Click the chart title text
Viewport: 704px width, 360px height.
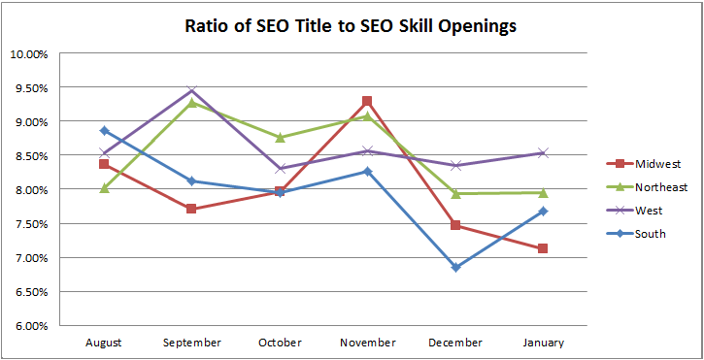point(351,25)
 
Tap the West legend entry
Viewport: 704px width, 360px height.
point(651,210)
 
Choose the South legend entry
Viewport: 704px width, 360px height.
point(653,233)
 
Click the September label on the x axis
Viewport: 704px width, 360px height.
point(191,343)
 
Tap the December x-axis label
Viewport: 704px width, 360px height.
point(454,343)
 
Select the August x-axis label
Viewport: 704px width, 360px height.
point(103,343)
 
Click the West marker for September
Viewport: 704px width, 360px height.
point(191,91)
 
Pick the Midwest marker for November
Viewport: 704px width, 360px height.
point(367,101)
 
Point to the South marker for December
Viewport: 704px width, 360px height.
point(454,268)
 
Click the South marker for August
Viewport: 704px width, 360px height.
point(103,131)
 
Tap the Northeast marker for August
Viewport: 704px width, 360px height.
point(103,188)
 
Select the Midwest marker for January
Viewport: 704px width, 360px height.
point(542,248)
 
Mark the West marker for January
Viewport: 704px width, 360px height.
point(542,153)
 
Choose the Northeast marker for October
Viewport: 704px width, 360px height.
point(279,138)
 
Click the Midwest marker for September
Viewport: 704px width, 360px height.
point(191,209)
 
